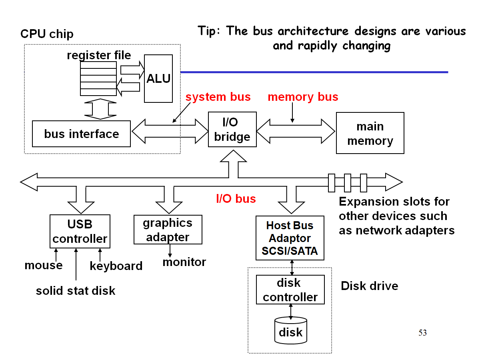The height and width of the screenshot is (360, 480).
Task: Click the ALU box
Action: coord(158,78)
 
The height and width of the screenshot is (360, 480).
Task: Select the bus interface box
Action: coord(81,134)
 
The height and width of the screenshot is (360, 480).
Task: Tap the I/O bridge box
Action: coord(232,130)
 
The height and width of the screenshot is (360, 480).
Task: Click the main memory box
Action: coord(370,134)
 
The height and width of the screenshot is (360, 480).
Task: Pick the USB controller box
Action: coord(80,232)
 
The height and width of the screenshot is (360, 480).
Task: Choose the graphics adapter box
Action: coord(168,230)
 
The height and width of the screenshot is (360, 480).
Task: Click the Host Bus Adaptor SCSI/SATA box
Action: coord(290,238)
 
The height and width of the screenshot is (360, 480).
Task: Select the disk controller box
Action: coord(290,290)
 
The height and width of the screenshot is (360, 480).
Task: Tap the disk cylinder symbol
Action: coord(291,330)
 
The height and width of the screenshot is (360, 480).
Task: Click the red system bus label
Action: coord(218,97)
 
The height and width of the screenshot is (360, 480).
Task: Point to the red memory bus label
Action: coord(303,97)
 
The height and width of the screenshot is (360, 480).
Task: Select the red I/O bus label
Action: coord(236,198)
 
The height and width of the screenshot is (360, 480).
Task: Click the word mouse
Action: coord(44,265)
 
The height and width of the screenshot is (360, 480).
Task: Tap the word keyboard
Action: coord(116,266)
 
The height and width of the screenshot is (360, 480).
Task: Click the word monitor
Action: coord(184,262)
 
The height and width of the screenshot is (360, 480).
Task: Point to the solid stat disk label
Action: coord(76,291)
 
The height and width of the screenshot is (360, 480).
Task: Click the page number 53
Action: coord(422,332)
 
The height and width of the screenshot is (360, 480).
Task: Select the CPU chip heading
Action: coord(47,34)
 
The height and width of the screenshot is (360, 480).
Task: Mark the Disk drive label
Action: coord(369,286)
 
